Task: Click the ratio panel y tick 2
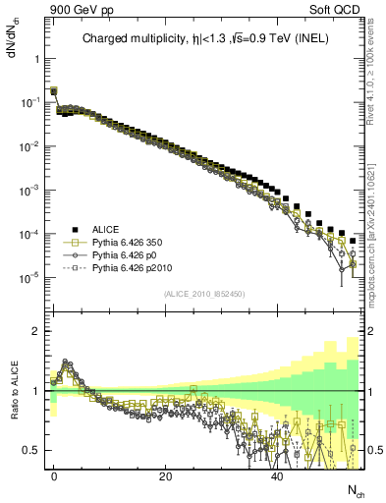click(33, 331)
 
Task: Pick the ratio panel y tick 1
click(33, 391)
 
